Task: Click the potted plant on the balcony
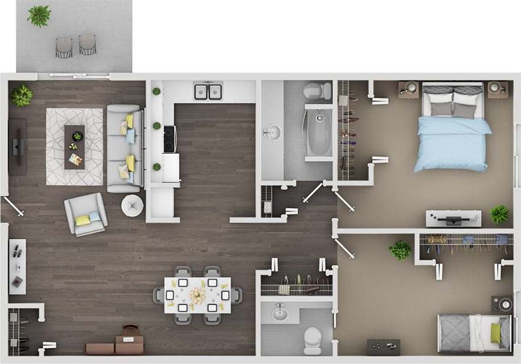coord(39,16)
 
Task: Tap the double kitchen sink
coord(208,91)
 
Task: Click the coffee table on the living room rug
coord(75,146)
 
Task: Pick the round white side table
coord(132,206)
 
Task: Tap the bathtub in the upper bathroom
coord(318,134)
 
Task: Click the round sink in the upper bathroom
coord(273,133)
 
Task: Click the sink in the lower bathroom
coord(280,313)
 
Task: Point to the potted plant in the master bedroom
coord(499,214)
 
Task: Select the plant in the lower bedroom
coord(400,250)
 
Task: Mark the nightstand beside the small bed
coord(503,304)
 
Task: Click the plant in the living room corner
coord(22,95)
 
